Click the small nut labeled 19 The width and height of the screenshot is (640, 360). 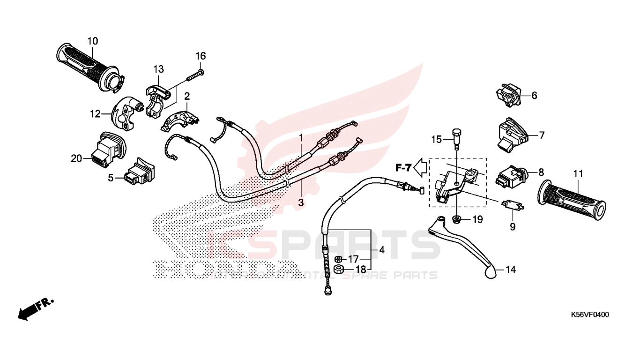pyautogui.click(x=456, y=219)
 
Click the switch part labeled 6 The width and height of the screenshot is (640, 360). pyautogui.click(x=507, y=96)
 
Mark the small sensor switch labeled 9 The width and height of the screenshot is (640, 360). pyautogui.click(x=512, y=204)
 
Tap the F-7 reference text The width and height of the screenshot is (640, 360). pyautogui.click(x=403, y=166)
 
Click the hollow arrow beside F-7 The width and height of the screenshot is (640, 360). pyautogui.click(x=421, y=166)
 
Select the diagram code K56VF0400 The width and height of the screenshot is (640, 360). pyautogui.click(x=589, y=315)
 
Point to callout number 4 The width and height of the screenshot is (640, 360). pyautogui.click(x=381, y=250)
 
